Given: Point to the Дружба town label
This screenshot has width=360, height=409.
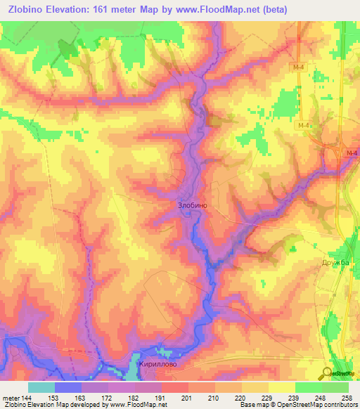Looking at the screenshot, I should [x=335, y=262].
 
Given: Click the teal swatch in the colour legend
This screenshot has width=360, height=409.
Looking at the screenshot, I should [x=41, y=387].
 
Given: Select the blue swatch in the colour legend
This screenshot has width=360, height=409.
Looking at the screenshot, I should [x=68, y=387].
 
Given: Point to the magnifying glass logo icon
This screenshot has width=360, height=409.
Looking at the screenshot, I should [x=326, y=373].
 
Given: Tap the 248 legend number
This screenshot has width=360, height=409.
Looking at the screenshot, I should [x=323, y=398].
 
